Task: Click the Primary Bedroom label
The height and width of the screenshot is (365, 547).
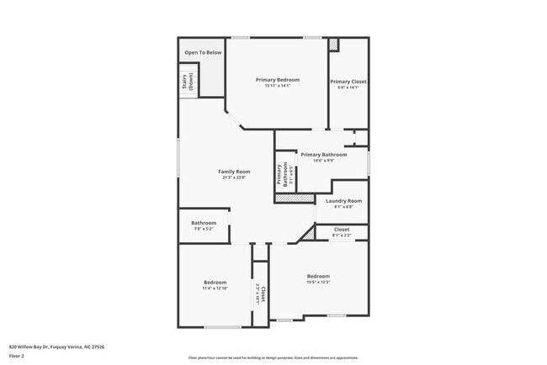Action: click(278, 79)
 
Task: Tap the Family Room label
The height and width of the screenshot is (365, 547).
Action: click(236, 172)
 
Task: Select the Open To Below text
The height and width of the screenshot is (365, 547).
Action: click(203, 52)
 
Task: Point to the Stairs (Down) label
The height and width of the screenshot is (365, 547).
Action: click(187, 82)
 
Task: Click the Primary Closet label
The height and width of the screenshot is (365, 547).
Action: click(348, 82)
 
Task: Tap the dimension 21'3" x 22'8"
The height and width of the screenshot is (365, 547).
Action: click(236, 177)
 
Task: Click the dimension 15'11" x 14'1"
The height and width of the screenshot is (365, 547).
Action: click(278, 86)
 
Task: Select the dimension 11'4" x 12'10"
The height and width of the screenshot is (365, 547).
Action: click(215, 288)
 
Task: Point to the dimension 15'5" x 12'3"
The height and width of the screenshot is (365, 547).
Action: click(318, 283)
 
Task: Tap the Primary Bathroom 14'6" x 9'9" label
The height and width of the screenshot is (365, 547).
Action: click(324, 157)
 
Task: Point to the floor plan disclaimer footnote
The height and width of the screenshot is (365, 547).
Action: click(273, 357)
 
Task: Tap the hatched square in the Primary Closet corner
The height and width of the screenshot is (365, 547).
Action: click(333, 43)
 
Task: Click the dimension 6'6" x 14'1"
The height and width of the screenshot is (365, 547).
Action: click(348, 87)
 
